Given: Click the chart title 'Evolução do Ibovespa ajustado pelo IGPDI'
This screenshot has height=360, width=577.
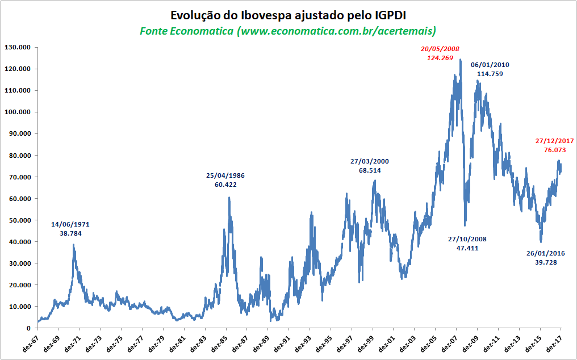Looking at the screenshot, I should pos(288,14).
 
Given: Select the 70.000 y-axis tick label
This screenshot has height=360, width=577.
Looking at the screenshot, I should pos(18,177).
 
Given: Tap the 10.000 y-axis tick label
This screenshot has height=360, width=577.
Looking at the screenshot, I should pos(18,307).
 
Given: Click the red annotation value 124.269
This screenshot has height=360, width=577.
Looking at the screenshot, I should pos(440,57).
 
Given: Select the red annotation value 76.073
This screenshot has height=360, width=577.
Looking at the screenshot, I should pos(555,150).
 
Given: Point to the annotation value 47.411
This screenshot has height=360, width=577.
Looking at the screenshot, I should pos(467,248).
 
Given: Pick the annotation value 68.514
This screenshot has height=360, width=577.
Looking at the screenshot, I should pos(370,170).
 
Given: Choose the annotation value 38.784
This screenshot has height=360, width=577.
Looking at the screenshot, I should pos(70,233).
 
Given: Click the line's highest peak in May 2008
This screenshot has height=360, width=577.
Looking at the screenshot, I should pos(460,60).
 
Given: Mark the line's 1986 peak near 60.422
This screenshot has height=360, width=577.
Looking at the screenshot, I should pos(229,198).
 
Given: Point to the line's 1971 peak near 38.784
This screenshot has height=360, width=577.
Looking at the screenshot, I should pos(73,245).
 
